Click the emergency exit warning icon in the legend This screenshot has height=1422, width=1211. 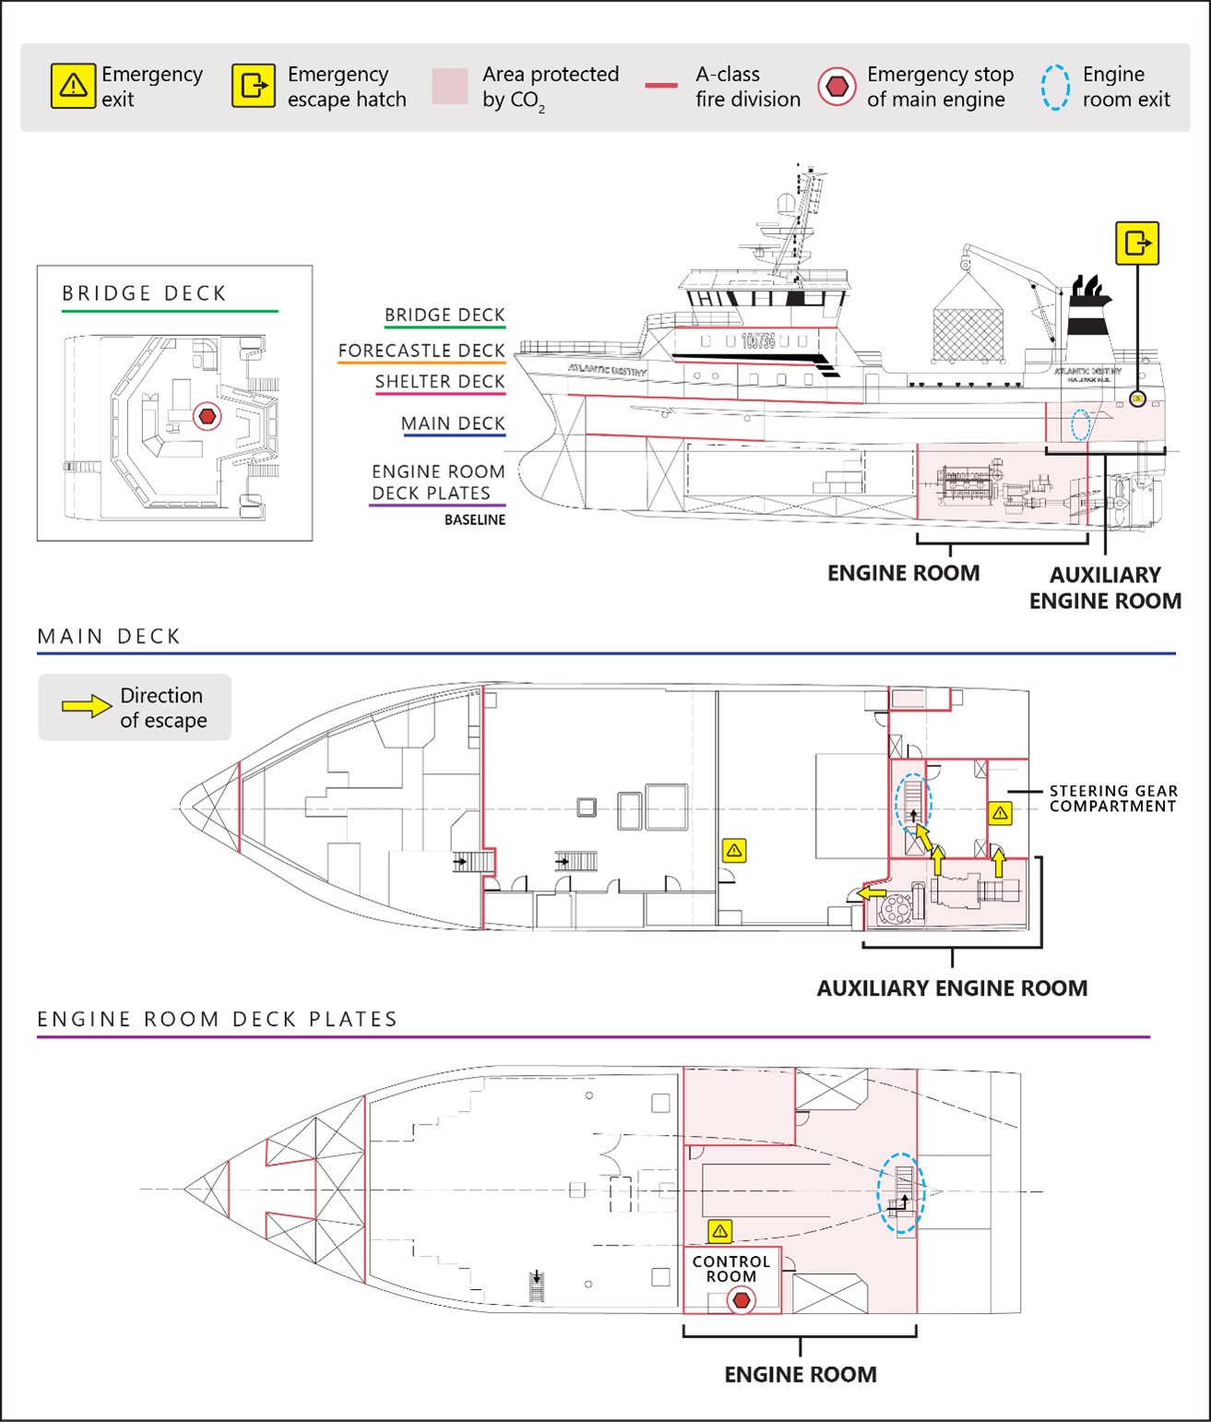coord(73,87)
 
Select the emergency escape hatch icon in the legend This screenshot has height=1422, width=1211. coord(253,87)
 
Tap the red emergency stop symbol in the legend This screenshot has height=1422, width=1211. coord(837,87)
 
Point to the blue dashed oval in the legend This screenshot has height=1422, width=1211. coord(1055,87)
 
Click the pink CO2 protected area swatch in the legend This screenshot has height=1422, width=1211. coord(450,87)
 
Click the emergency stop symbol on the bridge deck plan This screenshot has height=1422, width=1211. coord(208,416)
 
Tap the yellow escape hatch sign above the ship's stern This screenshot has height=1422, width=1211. coord(1137,244)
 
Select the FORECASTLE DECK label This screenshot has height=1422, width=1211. coord(421,351)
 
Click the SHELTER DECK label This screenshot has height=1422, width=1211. coord(440,381)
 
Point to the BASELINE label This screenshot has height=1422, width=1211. coord(475,520)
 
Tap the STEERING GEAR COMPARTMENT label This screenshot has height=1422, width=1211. coord(1113,798)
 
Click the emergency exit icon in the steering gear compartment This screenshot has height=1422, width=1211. coord(1000,813)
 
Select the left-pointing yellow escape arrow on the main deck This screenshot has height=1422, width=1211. coord(872,893)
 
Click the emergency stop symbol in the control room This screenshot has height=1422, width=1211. coord(741,1300)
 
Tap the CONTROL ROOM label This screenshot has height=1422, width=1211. coord(731,1269)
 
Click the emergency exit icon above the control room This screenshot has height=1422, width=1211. coord(720,1231)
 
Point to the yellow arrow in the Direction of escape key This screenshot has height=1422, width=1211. coord(86,707)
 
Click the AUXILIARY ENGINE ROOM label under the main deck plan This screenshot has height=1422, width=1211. coord(952,988)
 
